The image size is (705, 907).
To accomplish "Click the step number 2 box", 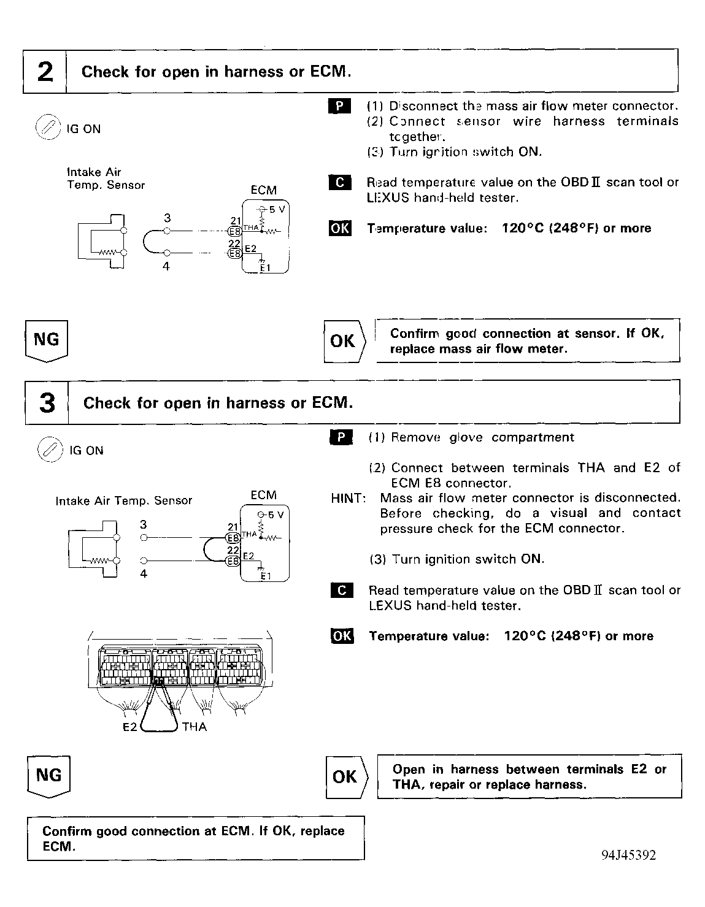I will click(45, 72).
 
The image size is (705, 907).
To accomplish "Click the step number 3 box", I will click(47, 403).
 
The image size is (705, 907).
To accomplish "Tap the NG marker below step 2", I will click(47, 340).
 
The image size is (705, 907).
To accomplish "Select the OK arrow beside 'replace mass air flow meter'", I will click(344, 341).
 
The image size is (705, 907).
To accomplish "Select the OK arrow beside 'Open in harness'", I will click(346, 777).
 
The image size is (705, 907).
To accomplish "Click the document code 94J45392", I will click(628, 855).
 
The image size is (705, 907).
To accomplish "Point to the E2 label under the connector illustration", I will click(129, 727).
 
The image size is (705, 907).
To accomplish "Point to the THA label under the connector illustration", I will click(195, 727).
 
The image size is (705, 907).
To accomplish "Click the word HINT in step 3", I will click(348, 498).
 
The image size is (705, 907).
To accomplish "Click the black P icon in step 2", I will click(340, 105).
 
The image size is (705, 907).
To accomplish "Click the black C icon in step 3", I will click(342, 591).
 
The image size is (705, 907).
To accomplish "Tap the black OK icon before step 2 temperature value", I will click(341, 228).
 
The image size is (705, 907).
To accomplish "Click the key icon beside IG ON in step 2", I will click(47, 128).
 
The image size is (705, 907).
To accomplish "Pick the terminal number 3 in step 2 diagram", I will click(167, 218).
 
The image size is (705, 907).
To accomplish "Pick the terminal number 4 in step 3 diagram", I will click(144, 574).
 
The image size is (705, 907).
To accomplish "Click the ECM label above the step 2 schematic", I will click(263, 190).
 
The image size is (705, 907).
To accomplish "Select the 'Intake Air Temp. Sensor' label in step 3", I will click(123, 501).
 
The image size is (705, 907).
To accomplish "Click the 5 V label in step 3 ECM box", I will click(275, 515).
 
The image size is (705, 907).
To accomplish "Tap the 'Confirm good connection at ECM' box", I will click(195, 838).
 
